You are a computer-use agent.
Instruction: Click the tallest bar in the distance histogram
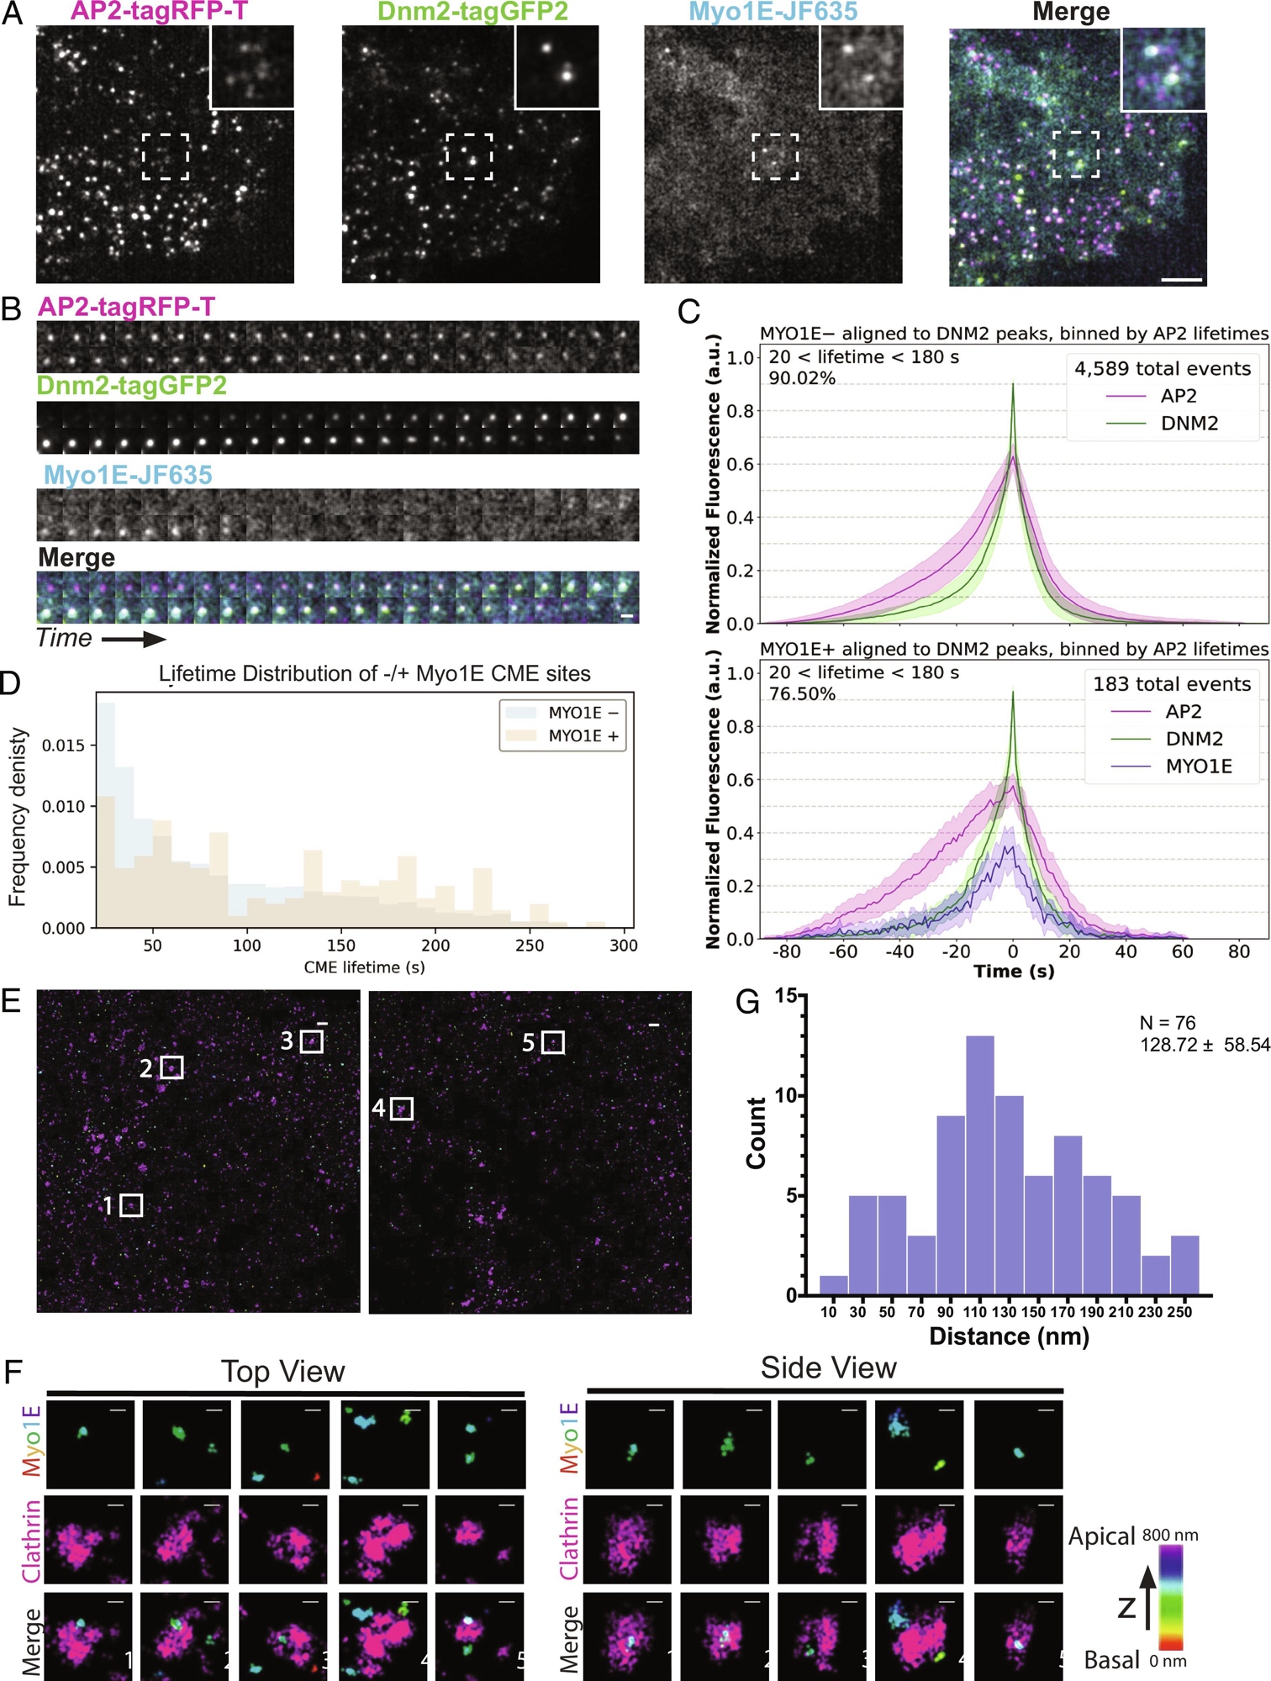tap(980, 1164)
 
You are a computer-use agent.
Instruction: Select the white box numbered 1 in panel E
tap(131, 1204)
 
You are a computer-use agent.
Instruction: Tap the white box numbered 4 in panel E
tap(402, 1109)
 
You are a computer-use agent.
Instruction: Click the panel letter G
tap(747, 1002)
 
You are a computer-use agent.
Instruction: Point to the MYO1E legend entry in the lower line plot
tap(1198, 766)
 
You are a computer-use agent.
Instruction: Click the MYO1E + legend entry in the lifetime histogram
tap(583, 735)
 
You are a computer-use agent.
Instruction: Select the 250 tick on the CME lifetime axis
tap(530, 945)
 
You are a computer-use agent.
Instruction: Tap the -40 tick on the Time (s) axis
tap(899, 951)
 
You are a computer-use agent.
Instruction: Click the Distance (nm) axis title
tap(1009, 1336)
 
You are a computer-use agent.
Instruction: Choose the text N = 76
tap(1167, 1022)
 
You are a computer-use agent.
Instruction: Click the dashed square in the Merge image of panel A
tap(1075, 154)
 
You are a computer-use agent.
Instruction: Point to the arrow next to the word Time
tap(134, 640)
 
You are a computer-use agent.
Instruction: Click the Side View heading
tap(828, 1368)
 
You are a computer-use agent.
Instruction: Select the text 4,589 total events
tap(1162, 368)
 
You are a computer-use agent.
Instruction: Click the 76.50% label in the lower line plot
tap(802, 693)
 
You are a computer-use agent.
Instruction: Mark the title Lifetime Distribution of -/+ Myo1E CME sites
tap(374, 673)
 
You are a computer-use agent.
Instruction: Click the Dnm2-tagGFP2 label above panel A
tap(472, 11)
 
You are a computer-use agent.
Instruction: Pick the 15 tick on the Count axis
tap(786, 995)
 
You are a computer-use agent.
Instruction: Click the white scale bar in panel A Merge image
tap(1182, 279)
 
